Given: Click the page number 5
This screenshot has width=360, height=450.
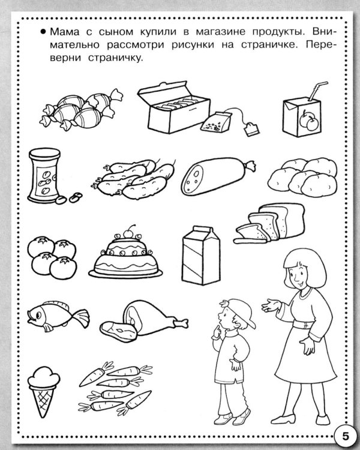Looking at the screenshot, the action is click(346, 436).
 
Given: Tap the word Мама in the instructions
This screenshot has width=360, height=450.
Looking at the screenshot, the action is click(64, 32).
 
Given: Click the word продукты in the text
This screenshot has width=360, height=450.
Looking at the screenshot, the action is click(277, 32).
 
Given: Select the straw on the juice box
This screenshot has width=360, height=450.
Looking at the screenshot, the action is click(318, 91).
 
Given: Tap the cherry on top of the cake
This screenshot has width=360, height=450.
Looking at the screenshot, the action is click(128, 232).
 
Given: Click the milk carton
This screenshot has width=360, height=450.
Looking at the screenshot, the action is click(201, 256).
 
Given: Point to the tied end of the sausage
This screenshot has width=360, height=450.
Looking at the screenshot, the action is click(250, 166).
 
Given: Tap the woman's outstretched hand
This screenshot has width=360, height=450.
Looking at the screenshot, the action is click(269, 305).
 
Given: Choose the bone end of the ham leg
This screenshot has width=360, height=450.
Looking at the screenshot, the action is click(181, 323).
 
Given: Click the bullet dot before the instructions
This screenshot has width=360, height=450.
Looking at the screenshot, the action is click(43, 32).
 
